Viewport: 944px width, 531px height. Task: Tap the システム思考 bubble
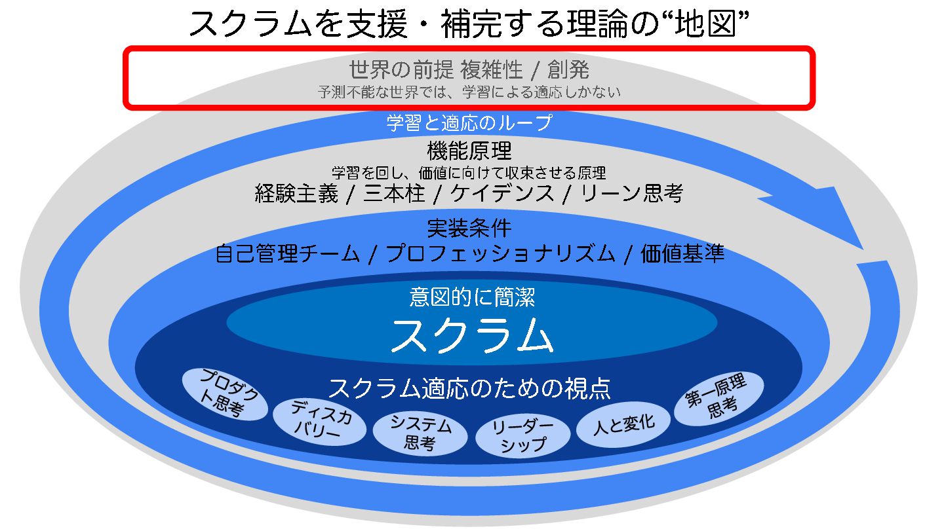[x=420, y=433]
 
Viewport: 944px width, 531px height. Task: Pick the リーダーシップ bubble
[x=522, y=435]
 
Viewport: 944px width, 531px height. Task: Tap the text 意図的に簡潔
[x=472, y=298]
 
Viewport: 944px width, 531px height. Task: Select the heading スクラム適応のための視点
[x=469, y=388]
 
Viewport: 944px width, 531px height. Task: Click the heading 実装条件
[x=469, y=228]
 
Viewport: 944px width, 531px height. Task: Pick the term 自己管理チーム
[x=287, y=253]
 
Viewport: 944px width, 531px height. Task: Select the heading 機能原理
[x=469, y=151]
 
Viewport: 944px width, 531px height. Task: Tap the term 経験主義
[x=296, y=193]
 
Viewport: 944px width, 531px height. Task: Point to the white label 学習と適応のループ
[x=469, y=122]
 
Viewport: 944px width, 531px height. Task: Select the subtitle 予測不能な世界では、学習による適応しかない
[x=469, y=92]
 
